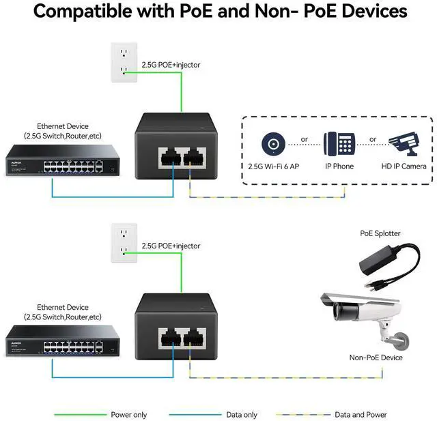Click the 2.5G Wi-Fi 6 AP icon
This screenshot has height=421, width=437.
coord(273,144)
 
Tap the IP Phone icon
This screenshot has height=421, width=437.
coord(339,144)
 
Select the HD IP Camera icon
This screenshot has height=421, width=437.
coord(404,144)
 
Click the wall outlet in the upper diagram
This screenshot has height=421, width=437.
coord(124,62)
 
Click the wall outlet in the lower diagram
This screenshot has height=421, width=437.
coord(124,243)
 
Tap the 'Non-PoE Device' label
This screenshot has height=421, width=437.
coord(376,358)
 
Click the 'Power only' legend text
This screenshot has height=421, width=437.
coord(129,415)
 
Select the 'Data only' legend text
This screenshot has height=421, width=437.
coord(242,415)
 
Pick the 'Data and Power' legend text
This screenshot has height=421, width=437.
coord(361,415)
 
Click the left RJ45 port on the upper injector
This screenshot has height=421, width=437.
coord(170,158)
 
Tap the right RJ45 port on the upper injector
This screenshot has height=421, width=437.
coord(194,158)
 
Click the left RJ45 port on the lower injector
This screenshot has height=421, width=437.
coord(170,338)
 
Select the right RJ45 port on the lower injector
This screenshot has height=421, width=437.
coord(194,338)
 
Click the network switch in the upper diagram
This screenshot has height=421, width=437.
coord(63,160)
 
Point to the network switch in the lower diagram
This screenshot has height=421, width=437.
coord(63,340)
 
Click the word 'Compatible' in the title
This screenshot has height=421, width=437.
coord(83,12)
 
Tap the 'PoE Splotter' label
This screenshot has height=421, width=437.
coord(380,233)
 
